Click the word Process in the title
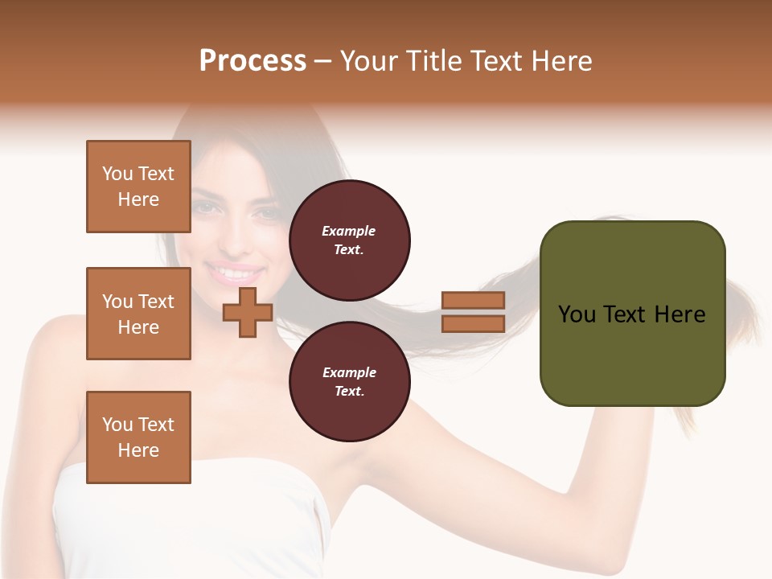[x=253, y=61]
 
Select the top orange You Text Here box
[x=138, y=187]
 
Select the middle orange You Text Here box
[x=138, y=314]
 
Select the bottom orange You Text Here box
[x=138, y=437]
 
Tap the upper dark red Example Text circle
[x=349, y=240]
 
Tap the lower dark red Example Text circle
[x=349, y=381]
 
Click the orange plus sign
[x=247, y=312]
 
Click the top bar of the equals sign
[x=473, y=301]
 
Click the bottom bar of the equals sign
[x=473, y=323]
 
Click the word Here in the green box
[x=680, y=314]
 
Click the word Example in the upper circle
[x=348, y=231]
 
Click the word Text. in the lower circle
[x=349, y=391]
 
